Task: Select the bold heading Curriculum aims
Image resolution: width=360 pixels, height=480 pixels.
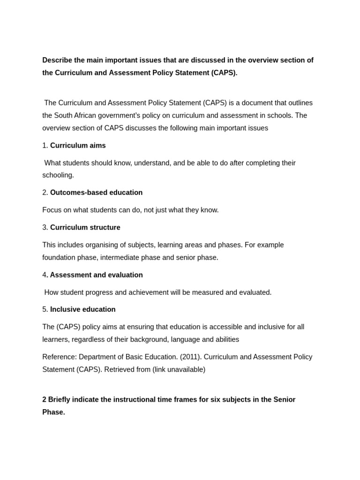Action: [78, 145]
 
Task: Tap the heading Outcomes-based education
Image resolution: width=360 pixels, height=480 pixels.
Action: [96, 192]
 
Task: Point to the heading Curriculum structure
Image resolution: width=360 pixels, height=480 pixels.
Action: [85, 227]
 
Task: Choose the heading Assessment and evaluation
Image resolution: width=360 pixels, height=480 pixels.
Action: [96, 275]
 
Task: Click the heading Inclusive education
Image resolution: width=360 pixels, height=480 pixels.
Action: [82, 309]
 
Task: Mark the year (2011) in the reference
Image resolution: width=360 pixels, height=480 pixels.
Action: [190, 357]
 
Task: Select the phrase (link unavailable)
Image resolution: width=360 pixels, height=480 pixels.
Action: [179, 369]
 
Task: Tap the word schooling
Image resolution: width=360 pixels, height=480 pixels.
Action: [58, 175]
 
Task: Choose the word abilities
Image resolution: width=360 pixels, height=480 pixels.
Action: [225, 339]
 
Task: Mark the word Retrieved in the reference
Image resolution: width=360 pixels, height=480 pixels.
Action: [118, 369]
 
